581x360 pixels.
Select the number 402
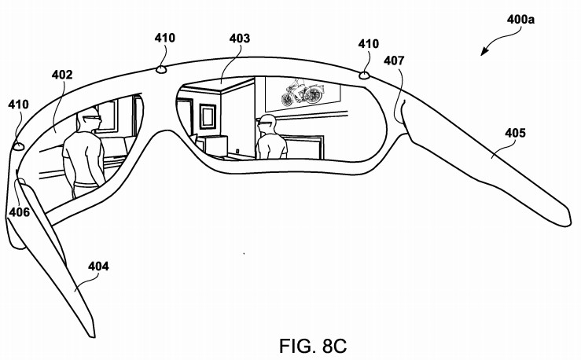click(62, 75)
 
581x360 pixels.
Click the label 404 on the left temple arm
click(98, 266)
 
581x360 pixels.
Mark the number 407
click(395, 60)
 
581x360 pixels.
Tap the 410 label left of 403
click(165, 37)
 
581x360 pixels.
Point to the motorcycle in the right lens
click(303, 93)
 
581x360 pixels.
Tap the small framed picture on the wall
click(208, 116)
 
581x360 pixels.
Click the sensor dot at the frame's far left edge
click(18, 146)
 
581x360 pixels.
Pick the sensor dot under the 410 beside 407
click(364, 75)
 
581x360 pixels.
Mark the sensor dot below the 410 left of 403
click(161, 68)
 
